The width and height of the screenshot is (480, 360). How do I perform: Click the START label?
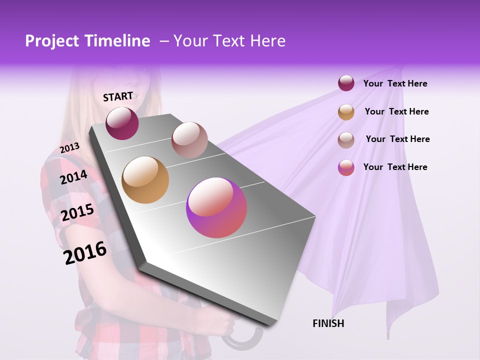[118, 96]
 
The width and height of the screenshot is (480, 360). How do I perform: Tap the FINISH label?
[328, 323]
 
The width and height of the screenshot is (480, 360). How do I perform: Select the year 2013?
[69, 148]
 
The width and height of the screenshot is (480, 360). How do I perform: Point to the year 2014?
[73, 177]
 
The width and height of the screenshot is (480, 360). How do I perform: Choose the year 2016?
[85, 253]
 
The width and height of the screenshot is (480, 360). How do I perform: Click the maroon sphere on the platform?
[122, 123]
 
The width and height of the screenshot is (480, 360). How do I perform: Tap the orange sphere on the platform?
[145, 180]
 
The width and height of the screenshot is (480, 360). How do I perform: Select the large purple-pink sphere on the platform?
[216, 207]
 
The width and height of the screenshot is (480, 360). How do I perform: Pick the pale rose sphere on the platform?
[189, 140]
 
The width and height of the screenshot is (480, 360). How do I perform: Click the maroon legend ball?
[346, 83]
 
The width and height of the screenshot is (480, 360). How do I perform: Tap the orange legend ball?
[346, 112]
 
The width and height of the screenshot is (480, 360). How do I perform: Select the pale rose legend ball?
[346, 140]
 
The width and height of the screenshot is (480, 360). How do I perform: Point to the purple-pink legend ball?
[346, 168]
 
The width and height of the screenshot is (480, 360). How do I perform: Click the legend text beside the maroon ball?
[395, 83]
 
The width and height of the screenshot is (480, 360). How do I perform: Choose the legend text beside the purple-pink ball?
[395, 167]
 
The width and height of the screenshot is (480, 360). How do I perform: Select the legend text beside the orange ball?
[396, 111]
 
